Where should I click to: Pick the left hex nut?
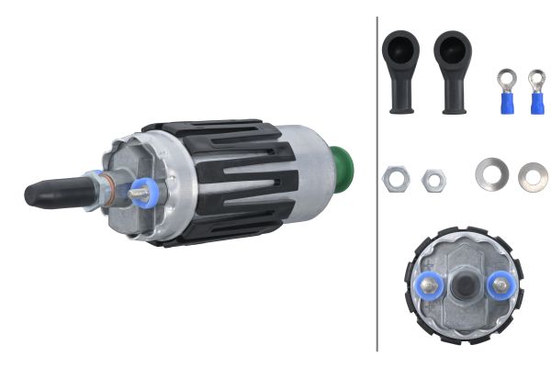click(396, 179)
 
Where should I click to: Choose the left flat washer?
click(491, 173)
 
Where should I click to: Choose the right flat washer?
click(533, 176)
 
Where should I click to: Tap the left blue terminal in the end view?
click(430, 287)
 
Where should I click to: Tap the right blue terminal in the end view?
click(500, 286)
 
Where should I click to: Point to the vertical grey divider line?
click(377, 183)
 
